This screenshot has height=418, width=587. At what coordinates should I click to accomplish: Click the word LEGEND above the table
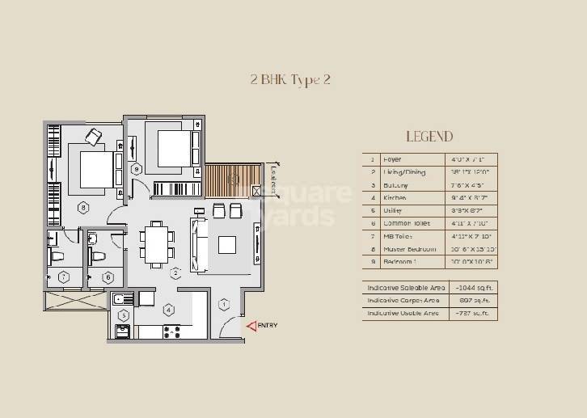429,137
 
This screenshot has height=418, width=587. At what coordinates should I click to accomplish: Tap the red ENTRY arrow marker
251,326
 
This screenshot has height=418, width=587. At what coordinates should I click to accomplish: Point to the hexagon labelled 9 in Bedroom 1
137,169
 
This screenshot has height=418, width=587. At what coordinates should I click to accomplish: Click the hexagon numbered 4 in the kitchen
168,309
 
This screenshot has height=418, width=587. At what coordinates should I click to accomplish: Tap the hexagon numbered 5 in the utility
124,315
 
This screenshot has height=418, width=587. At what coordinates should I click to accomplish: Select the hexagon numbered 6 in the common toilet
108,277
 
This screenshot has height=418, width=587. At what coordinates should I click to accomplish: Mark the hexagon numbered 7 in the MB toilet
63,277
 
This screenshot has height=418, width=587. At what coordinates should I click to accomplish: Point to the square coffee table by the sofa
227,244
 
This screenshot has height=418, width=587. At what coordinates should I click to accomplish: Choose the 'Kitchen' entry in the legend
395,197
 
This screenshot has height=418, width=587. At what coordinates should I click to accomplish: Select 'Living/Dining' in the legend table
403,172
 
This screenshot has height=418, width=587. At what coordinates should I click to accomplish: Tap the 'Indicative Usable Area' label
403,313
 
